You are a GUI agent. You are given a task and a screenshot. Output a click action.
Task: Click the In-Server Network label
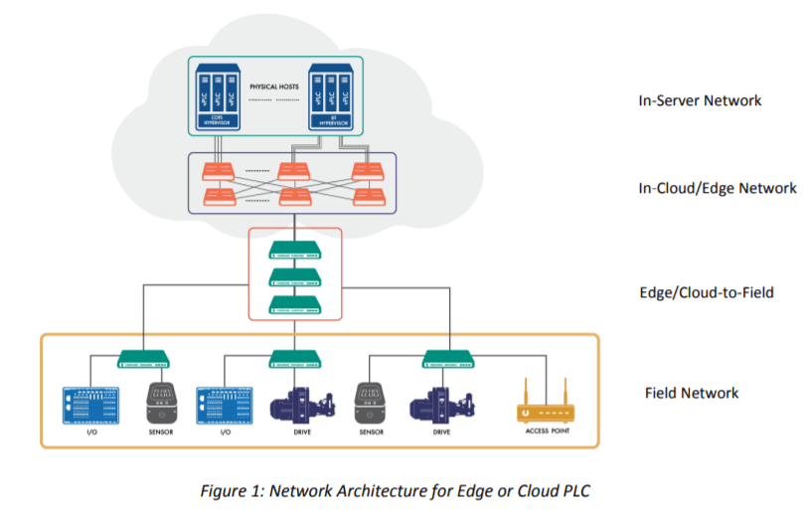pyautogui.click(x=700, y=100)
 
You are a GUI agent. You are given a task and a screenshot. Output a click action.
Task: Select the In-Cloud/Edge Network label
pyautogui.click(x=718, y=188)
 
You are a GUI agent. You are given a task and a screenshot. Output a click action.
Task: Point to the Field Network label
pyautogui.click(x=692, y=393)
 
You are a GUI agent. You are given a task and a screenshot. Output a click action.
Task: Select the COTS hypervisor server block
pyautogui.click(x=217, y=99)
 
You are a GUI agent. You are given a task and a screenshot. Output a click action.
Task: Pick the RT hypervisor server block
pyautogui.click(x=329, y=99)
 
